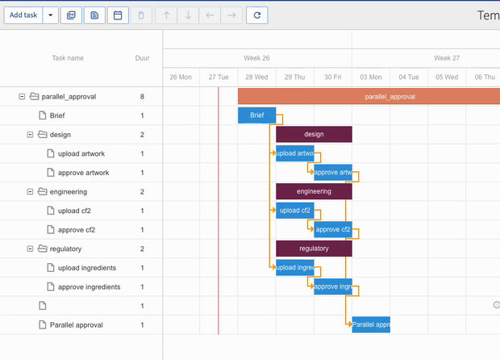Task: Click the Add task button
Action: pos(23,15)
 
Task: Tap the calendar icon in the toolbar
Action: pos(117,15)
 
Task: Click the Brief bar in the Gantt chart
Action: pos(256,115)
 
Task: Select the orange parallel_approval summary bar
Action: pos(379,96)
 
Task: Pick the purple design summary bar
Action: pos(314,134)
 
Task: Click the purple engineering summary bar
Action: pos(314,191)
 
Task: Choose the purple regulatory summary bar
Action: pos(314,249)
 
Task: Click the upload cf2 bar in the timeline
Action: pos(294,211)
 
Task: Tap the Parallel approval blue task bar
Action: pos(371,324)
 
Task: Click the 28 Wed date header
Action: pos(256,77)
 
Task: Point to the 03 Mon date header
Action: pos(370,77)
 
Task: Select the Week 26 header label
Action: pos(256,58)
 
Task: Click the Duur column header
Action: pos(142,58)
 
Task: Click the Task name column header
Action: pos(68,58)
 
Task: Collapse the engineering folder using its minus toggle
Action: pos(30,191)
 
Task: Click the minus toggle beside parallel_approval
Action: pos(22,97)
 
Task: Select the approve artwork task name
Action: pos(83,173)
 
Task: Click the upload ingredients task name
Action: pos(86,268)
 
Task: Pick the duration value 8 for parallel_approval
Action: pos(142,97)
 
